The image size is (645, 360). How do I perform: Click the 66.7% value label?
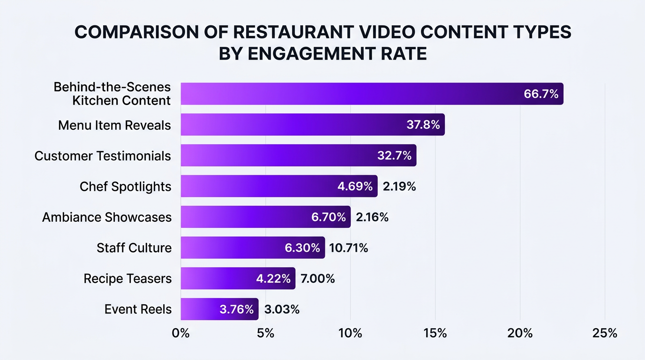[541, 94]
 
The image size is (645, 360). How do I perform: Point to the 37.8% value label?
[422, 125]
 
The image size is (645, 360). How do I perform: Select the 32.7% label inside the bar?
[394, 156]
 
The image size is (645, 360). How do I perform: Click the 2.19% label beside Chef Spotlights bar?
[399, 187]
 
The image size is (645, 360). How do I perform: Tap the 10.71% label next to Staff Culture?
[348, 248]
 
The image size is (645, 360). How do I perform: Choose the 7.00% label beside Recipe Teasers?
[317, 279]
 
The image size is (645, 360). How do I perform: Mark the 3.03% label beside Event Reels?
[282, 309]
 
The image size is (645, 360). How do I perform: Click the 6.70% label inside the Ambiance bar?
[329, 217]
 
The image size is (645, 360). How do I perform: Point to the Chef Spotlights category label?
[125, 187]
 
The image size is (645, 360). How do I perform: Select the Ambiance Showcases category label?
[106, 217]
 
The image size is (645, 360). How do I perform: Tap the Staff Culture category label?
[134, 248]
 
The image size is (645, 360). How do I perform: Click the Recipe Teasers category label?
[127, 279]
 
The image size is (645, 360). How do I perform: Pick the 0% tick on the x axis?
[180, 333]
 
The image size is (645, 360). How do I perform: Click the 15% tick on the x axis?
[435, 333]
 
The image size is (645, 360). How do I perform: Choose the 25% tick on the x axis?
[605, 333]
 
